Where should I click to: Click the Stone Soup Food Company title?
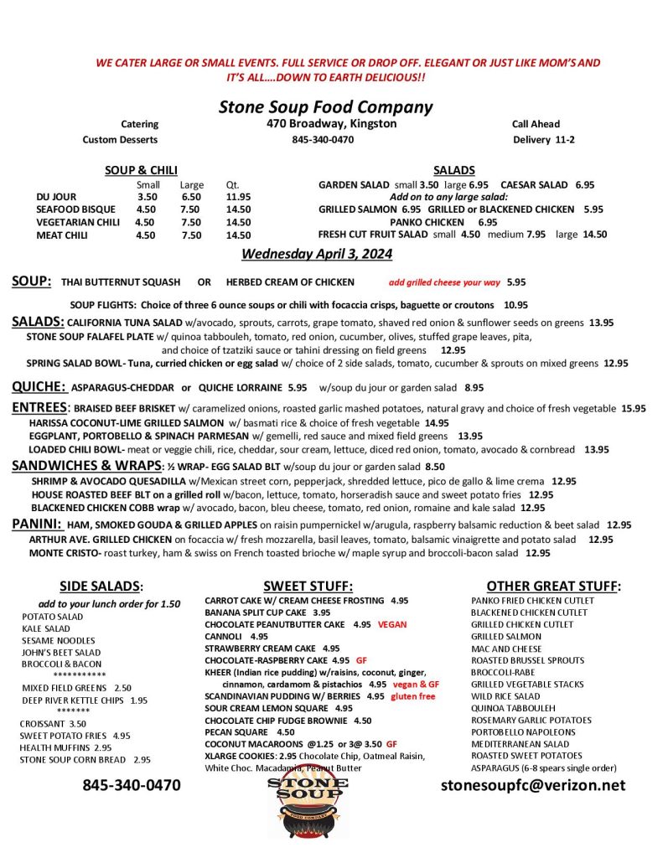click(x=325, y=106)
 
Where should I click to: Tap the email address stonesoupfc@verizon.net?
click(x=533, y=785)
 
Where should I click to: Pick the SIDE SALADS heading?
click(x=101, y=586)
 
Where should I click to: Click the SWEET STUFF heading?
click(x=308, y=586)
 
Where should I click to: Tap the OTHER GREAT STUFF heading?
click(x=553, y=586)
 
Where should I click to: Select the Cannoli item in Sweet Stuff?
click(x=222, y=636)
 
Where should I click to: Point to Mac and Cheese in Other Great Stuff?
click(x=505, y=649)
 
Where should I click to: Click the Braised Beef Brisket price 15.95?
click(x=633, y=409)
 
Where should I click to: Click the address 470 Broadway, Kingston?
click(x=326, y=124)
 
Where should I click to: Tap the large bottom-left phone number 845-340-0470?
click(x=131, y=785)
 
